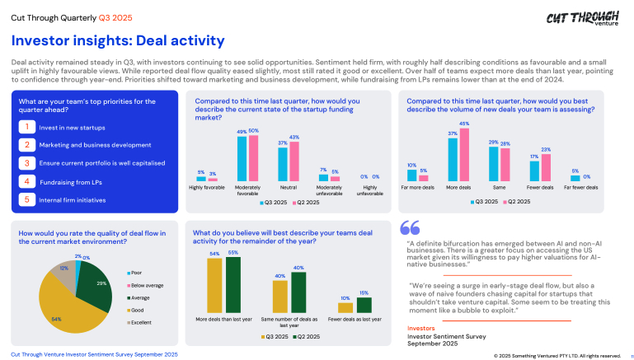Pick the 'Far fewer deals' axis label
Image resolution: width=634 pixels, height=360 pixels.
pyautogui.click(x=581, y=188)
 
